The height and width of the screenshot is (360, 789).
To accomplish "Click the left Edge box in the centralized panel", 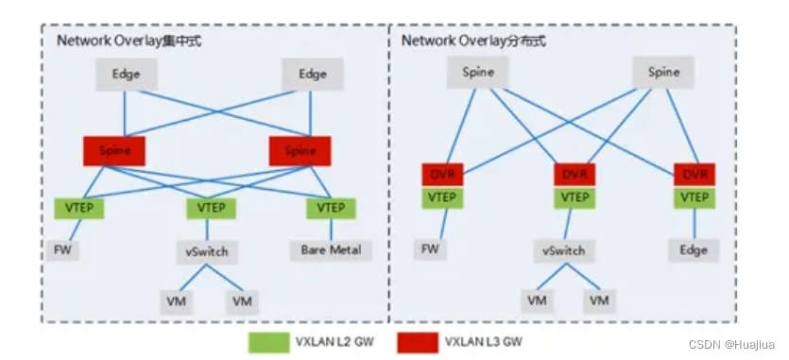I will coord(126,75).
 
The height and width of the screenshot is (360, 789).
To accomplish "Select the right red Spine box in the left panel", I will coord(300,150).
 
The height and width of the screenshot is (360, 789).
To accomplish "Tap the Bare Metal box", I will coord(331,250).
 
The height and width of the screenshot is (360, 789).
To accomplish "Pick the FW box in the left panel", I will coord(63,250).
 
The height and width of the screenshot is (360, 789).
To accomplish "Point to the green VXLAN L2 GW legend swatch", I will coord(270,341).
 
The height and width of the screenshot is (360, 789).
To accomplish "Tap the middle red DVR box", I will coord(575,176).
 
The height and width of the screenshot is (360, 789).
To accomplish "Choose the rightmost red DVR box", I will coord(695,176).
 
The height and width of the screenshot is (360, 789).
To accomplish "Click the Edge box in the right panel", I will coord(695,250).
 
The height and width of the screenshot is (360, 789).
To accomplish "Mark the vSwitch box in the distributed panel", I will coord(564,252).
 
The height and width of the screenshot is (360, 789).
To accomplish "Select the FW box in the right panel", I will coord(429,250).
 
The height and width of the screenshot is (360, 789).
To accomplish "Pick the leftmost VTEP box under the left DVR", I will coord(442,197).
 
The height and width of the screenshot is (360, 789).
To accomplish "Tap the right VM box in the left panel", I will coord(243,300).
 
